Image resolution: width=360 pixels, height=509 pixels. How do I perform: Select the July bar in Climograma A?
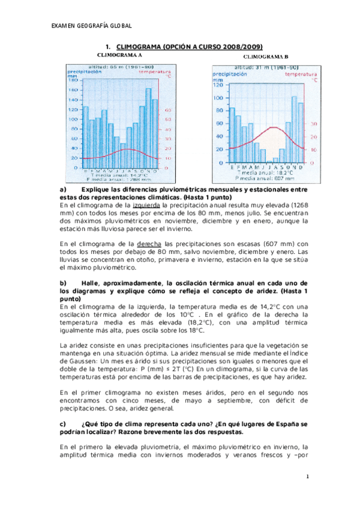pos(123,155)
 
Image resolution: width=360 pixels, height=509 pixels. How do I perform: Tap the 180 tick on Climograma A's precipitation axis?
pos(74,80)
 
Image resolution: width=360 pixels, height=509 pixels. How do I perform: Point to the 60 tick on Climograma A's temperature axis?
pos(168,110)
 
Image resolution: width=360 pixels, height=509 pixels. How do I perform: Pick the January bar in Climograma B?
pos(232,134)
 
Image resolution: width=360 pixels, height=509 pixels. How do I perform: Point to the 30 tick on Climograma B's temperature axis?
pos(312,124)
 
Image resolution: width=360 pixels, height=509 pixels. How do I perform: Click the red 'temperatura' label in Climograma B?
pos(300,74)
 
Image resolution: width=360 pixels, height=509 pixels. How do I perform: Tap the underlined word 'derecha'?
pos(149,244)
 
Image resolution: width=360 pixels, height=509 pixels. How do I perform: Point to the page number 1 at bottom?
pos(307,477)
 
